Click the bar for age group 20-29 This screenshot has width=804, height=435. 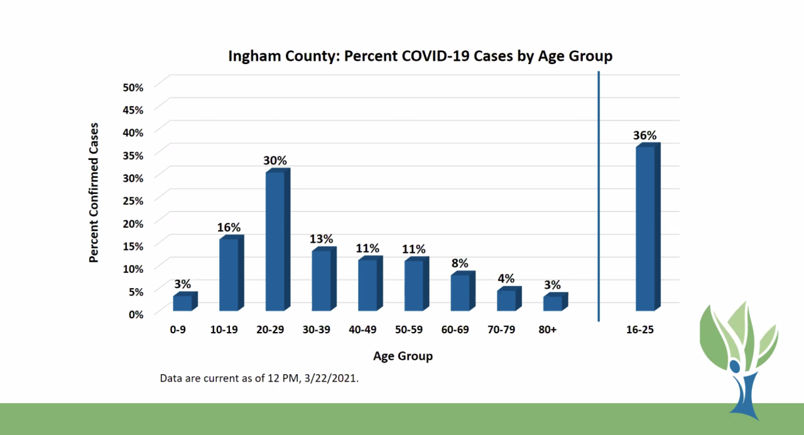click(x=275, y=241)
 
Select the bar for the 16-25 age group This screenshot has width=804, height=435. click(x=646, y=228)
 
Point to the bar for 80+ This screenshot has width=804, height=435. click(x=553, y=303)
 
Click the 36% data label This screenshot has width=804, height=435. click(x=645, y=135)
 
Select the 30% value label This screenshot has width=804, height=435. click(x=274, y=160)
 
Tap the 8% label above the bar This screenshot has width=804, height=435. click(x=460, y=263)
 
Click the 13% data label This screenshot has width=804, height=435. click(x=321, y=239)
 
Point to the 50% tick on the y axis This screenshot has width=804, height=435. click(x=133, y=87)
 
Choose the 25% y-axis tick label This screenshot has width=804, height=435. click(x=133, y=200)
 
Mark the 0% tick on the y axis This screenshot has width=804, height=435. click(x=136, y=314)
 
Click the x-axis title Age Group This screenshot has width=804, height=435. click(x=403, y=357)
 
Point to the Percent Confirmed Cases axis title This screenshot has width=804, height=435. click(x=94, y=192)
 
